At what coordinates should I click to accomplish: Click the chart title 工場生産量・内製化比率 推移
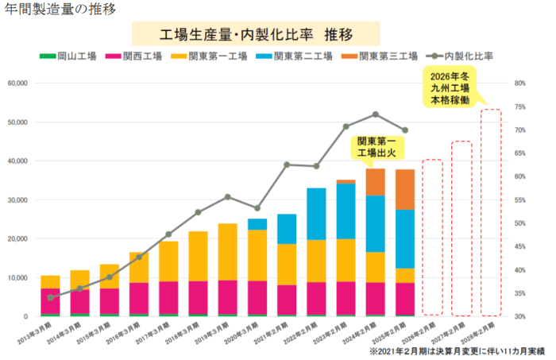point(255,36)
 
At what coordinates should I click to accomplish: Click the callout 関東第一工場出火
point(376,145)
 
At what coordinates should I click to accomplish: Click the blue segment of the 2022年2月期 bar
point(316,213)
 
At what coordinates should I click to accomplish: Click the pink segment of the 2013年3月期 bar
point(51,301)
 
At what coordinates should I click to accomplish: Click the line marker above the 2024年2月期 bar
point(375,114)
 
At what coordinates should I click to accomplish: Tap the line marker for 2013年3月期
point(51,297)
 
